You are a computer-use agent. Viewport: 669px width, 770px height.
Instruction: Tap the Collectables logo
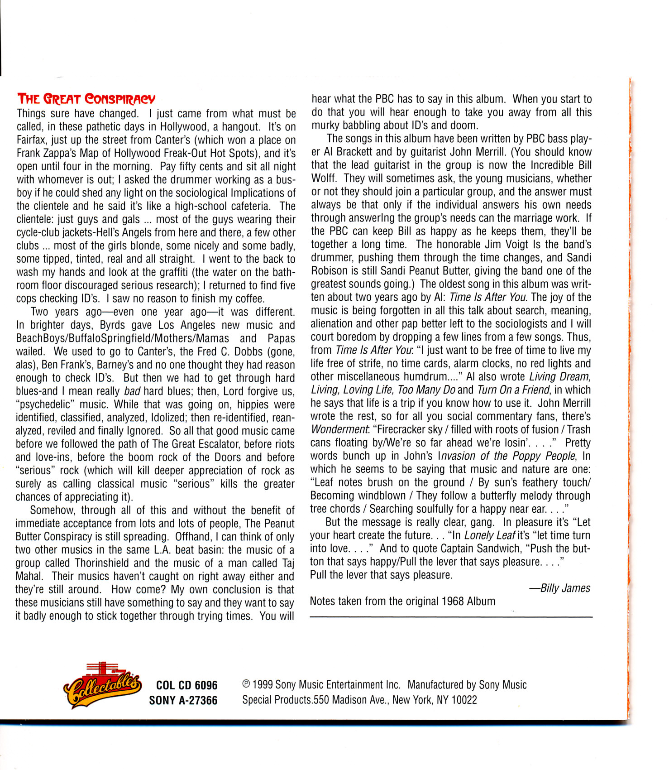click(x=102, y=685)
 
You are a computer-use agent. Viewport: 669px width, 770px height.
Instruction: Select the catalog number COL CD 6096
click(x=186, y=685)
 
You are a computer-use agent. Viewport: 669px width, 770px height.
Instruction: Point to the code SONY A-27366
click(x=183, y=701)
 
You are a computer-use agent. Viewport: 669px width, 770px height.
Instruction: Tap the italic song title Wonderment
click(x=339, y=429)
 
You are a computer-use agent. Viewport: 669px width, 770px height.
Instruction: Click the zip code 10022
click(x=464, y=700)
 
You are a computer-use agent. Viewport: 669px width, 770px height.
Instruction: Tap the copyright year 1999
click(x=262, y=685)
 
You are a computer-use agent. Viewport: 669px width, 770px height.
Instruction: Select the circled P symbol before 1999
click(x=246, y=685)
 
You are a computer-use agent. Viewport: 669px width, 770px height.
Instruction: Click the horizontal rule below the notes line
click(x=451, y=617)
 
